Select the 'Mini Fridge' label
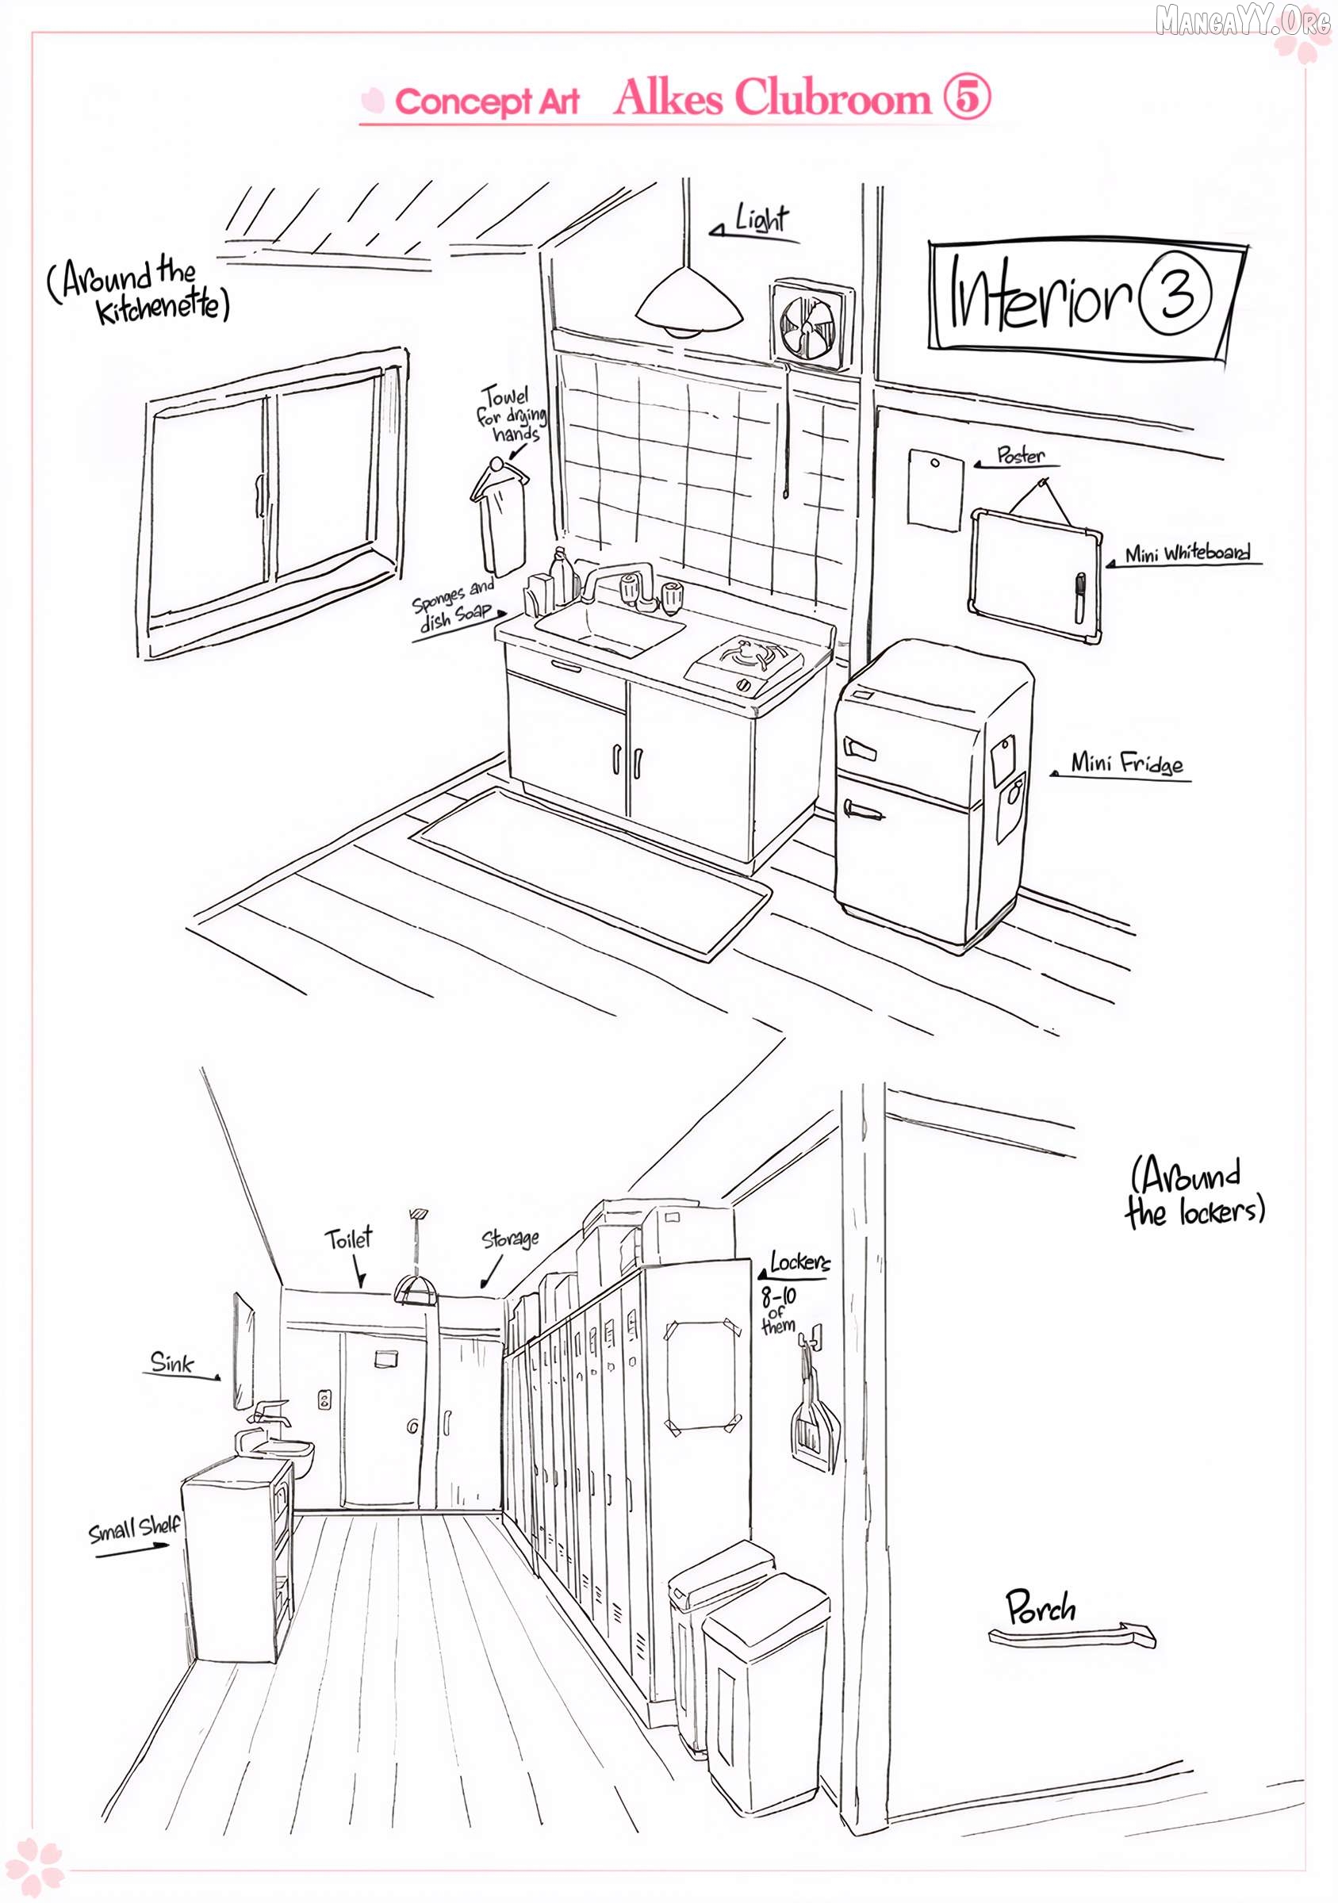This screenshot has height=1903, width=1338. tap(1126, 763)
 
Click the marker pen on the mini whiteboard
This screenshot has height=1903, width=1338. tap(1079, 598)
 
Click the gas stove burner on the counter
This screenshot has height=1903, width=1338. tap(746, 656)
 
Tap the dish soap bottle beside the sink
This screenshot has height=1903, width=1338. tap(563, 573)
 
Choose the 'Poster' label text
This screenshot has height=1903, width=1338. tap(1021, 455)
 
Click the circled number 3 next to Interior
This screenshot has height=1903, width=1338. tap(1175, 293)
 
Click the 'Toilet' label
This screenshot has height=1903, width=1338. tap(348, 1239)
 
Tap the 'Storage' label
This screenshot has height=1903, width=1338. tap(510, 1239)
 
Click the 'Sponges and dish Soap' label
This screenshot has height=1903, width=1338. tap(454, 606)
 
